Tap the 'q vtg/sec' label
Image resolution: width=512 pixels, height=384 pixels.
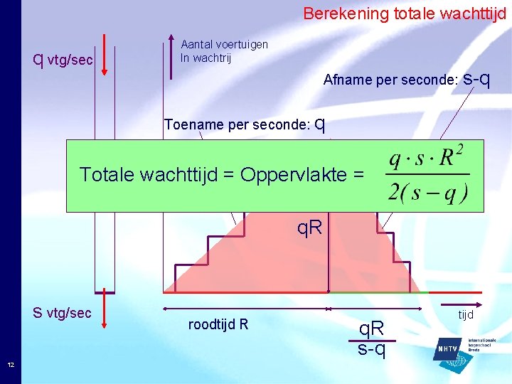64,60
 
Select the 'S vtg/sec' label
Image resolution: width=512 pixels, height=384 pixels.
63,313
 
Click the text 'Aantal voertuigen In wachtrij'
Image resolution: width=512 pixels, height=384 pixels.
224,51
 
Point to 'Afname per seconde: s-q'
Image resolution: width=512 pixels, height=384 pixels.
405,79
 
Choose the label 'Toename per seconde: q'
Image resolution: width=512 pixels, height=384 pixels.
245,124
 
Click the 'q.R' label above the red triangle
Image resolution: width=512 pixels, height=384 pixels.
309,228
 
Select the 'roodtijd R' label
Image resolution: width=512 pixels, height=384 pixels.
218,325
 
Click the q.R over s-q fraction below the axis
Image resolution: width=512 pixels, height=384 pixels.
371,338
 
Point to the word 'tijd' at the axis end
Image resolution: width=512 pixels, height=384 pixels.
465,314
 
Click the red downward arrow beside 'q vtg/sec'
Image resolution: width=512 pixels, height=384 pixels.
105,53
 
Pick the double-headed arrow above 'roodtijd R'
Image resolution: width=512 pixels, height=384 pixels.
245,309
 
